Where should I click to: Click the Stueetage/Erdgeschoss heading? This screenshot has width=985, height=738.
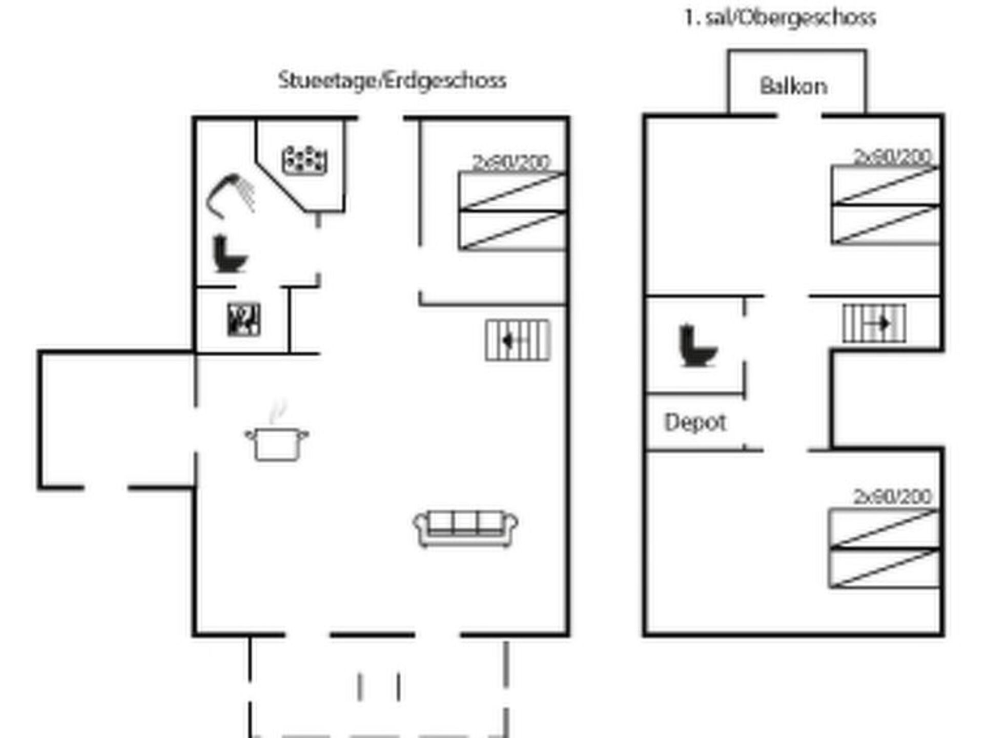[x=392, y=80]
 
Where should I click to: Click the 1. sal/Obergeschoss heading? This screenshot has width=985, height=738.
[x=780, y=18]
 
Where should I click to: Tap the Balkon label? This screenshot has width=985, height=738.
[x=793, y=86]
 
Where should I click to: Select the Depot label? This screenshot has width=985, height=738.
[x=695, y=423]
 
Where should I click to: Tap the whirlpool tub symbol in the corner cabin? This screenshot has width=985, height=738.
[x=304, y=160]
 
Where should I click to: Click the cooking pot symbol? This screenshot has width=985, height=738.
[x=277, y=444]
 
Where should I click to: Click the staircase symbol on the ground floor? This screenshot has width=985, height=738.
[x=518, y=340]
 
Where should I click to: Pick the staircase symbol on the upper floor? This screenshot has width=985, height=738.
[x=874, y=324]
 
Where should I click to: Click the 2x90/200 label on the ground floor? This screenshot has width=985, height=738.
[x=511, y=162]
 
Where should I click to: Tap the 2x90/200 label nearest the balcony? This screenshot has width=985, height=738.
[x=892, y=156]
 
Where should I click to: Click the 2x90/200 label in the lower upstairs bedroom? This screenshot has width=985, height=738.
[x=892, y=496]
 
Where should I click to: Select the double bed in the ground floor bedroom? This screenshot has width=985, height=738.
[x=512, y=210]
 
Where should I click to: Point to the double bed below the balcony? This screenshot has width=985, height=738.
[x=886, y=205]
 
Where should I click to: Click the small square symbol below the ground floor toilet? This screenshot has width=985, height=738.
[x=244, y=320]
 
